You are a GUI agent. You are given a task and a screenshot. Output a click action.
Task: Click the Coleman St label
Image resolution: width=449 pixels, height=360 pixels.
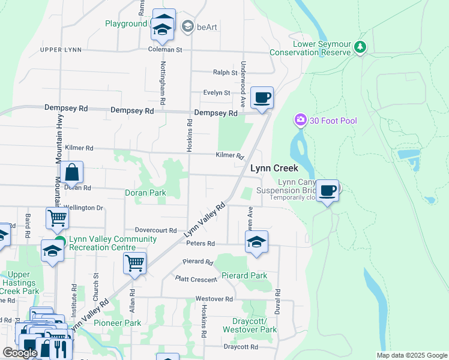(165, 50)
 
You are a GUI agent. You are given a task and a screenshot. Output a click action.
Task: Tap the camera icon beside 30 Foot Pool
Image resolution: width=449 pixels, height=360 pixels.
(300, 121)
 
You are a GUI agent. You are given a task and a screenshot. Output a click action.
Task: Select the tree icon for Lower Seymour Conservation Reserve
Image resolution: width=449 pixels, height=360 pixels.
(360, 47)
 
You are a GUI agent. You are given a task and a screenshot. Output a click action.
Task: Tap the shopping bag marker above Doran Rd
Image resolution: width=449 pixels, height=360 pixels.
(71, 173)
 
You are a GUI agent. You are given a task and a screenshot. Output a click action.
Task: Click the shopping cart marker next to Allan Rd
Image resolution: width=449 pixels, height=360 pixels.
(134, 263)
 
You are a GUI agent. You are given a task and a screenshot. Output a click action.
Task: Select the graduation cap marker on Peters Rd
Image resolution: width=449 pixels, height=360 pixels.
(256, 242)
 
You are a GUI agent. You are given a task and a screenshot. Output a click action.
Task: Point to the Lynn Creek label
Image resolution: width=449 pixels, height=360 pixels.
(274, 169)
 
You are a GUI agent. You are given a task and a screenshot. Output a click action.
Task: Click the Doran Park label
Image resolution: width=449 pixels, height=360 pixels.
(145, 193)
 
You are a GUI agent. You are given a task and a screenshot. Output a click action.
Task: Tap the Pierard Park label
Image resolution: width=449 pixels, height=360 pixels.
(244, 275)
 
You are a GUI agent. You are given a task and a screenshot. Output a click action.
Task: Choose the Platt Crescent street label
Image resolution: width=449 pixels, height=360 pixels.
(196, 279)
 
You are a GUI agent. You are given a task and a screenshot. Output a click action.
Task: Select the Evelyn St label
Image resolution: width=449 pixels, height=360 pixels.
(217, 93)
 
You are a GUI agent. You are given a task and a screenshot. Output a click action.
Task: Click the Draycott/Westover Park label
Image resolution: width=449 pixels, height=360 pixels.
(250, 325)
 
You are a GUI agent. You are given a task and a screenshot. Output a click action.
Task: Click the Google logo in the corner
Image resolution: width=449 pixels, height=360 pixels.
(20, 353)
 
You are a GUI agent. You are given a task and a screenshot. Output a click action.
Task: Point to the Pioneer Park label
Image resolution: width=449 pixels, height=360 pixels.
(121, 323)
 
